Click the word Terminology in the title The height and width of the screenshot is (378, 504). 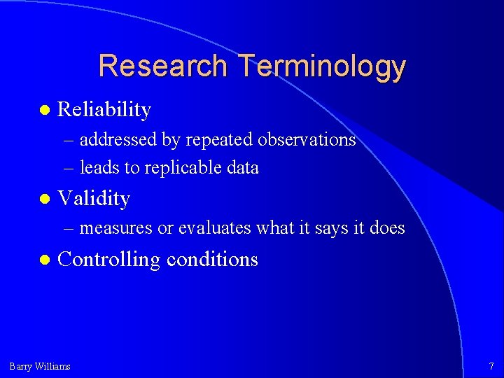tap(321, 67)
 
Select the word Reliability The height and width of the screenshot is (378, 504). tap(104, 110)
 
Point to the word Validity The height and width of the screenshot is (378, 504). tap(94, 199)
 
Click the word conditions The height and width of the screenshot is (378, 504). tap(212, 260)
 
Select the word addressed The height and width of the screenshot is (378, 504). tap(118, 140)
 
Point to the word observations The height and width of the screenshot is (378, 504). tap(307, 140)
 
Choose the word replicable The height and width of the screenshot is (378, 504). tap(177, 168)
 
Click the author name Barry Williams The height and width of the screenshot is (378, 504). tap(40, 366)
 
